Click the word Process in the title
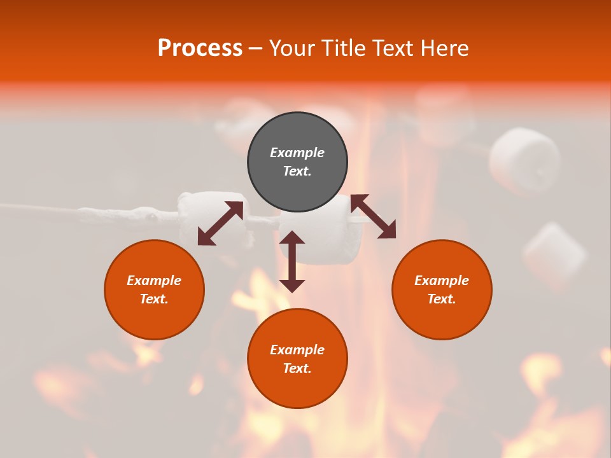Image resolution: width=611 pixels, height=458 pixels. click(200, 48)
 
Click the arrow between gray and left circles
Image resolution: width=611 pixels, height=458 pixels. click(220, 223)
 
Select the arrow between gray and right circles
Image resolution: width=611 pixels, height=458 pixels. click(373, 216)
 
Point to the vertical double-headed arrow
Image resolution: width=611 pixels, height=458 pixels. click(292, 261)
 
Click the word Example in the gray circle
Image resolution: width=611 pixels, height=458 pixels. click(297, 153)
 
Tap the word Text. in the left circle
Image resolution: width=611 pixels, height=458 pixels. click(154, 299)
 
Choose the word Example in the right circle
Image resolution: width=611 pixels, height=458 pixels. click(442, 281)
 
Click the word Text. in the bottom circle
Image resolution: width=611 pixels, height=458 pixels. click(297, 368)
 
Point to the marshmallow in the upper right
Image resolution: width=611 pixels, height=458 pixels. click(524, 160)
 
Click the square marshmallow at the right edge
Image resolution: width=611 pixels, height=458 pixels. click(554, 256)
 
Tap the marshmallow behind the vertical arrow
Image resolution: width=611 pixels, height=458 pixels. click(322, 232)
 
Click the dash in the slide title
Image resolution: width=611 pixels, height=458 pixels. click(255, 48)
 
